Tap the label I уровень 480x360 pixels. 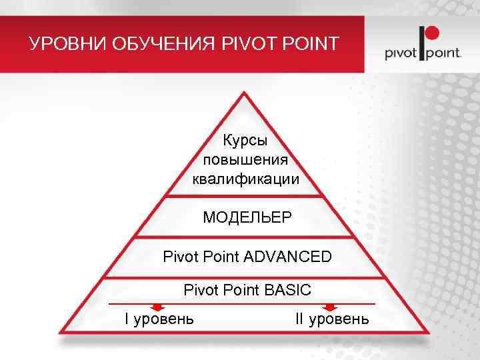click(x=159, y=319)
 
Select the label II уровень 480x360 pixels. click(x=331, y=319)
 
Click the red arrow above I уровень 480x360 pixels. click(x=157, y=307)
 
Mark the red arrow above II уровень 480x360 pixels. click(x=329, y=307)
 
